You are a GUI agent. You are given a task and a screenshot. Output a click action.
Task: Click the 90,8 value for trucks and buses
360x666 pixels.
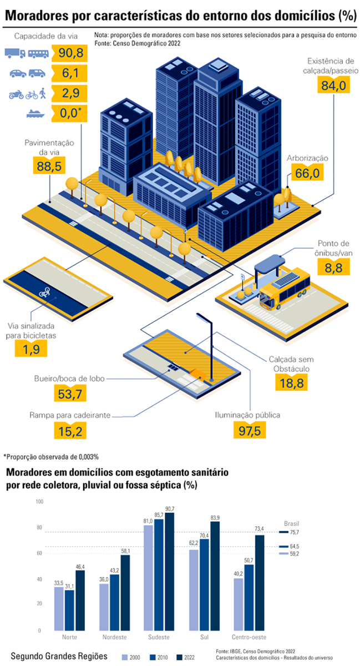(x=71, y=53)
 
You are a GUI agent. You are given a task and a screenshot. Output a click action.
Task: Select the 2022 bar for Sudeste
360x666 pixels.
(x=169, y=572)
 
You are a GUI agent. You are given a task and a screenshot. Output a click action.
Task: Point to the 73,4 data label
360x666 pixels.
(x=260, y=528)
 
